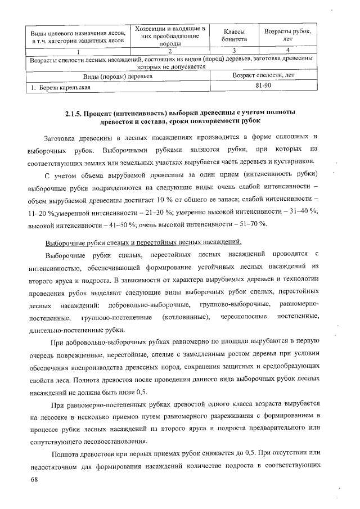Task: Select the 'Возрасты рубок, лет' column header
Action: click(x=287, y=35)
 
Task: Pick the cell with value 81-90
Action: click(x=262, y=85)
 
